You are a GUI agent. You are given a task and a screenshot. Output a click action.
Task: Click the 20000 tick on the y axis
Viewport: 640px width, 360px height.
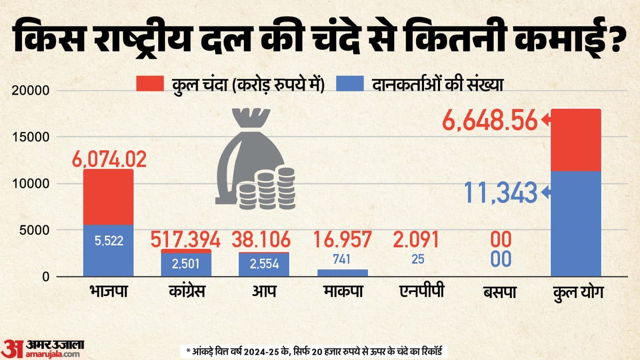coord(30,90)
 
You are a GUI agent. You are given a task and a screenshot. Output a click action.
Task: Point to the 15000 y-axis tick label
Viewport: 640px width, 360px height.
coord(30,137)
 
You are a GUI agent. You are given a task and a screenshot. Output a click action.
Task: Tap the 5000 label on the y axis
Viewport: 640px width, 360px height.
coord(34,230)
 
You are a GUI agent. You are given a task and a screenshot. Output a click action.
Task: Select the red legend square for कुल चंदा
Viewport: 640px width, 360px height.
coord(150,84)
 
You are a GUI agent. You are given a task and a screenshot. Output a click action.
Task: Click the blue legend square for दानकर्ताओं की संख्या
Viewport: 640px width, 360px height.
coord(350,84)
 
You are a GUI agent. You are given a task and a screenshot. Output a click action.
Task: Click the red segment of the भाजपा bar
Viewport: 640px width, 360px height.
coord(108,197)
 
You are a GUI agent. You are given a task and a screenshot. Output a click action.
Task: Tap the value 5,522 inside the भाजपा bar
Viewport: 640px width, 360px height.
coord(109,241)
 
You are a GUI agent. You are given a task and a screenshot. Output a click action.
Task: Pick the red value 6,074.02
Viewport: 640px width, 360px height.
coord(109,159)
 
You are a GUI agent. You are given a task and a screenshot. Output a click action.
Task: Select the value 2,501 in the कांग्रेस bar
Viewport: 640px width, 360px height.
coord(186,264)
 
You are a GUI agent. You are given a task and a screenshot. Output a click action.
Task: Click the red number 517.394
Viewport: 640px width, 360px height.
coord(185,240)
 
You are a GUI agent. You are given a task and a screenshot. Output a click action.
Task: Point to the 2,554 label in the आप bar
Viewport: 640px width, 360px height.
coord(264,264)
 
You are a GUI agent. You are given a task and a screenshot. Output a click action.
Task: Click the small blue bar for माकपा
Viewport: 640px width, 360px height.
coord(342,273)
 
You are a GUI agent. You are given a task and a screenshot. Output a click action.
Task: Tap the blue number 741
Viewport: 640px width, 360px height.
coord(342,259)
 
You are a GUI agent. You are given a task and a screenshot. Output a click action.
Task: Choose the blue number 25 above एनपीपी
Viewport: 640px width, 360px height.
coord(418,259)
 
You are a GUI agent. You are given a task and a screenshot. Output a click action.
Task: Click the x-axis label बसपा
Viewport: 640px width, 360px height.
coord(500,292)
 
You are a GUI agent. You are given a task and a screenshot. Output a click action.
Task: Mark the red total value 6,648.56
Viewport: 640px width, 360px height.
coord(490,121)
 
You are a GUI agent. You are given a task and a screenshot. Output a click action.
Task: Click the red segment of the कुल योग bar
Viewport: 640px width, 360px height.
coord(576,140)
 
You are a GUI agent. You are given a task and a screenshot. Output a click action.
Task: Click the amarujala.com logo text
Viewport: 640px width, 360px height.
coord(53,354)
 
